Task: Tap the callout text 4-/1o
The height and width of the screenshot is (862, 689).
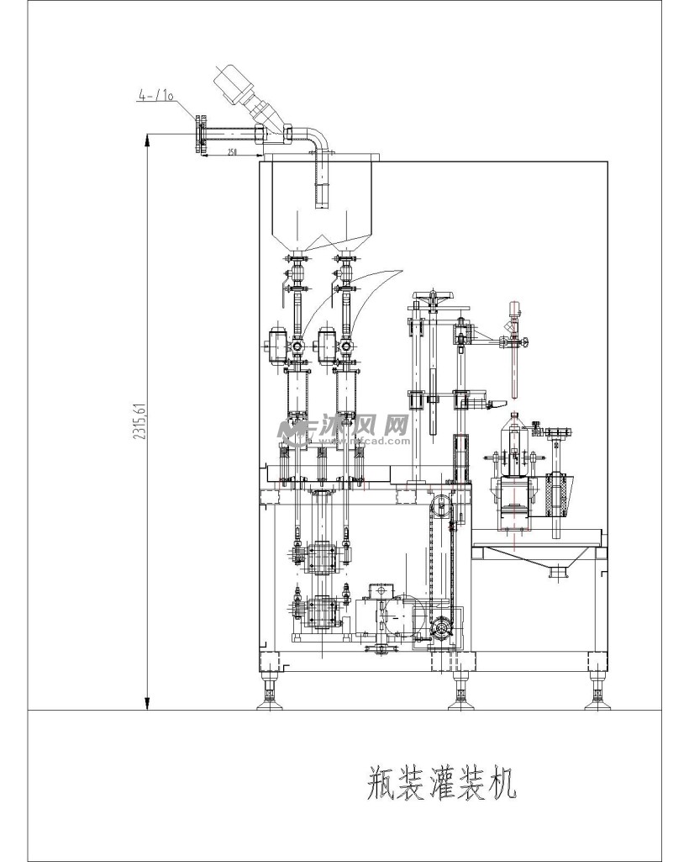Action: [155, 97]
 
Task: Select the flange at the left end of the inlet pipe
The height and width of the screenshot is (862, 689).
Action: [199, 135]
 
